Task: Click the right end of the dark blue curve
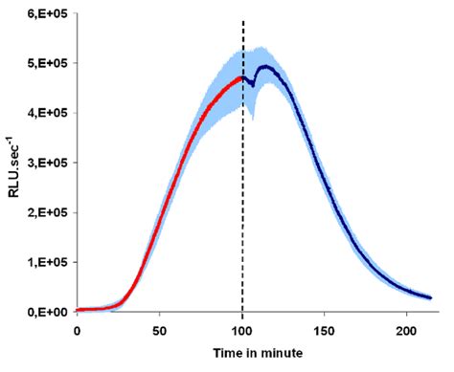click(431, 297)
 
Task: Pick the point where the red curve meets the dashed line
click(242, 78)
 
